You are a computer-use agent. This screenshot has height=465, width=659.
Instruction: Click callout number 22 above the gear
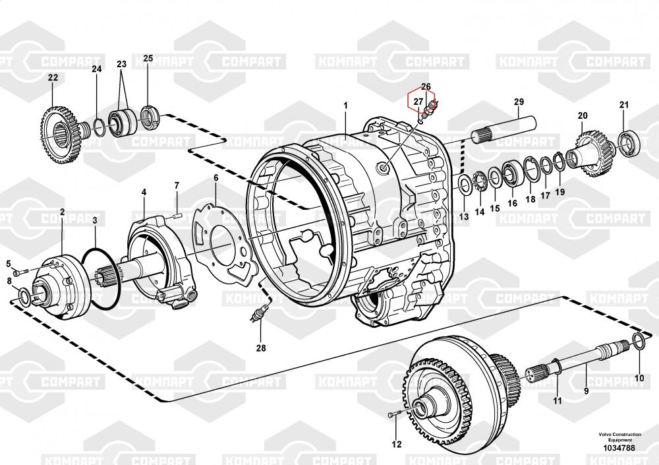(53, 77)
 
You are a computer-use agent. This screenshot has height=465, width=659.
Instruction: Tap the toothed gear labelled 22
(60, 135)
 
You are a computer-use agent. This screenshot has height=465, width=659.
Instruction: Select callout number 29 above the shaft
(519, 102)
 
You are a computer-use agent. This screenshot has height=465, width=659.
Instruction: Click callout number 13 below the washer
(463, 217)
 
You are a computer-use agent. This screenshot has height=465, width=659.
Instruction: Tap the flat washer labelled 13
(465, 185)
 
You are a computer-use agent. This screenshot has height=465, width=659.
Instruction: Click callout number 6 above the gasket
(216, 177)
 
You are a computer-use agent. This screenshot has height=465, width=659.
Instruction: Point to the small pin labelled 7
(177, 216)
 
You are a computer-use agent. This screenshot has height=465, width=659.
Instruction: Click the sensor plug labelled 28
(258, 315)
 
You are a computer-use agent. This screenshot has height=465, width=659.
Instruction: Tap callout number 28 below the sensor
(261, 348)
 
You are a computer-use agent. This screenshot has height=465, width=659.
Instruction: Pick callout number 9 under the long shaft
(587, 391)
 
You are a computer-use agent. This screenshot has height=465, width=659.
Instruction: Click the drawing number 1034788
(619, 448)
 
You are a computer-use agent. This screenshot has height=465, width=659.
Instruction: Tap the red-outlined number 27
(418, 102)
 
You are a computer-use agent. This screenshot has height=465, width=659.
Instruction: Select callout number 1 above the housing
(346, 106)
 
